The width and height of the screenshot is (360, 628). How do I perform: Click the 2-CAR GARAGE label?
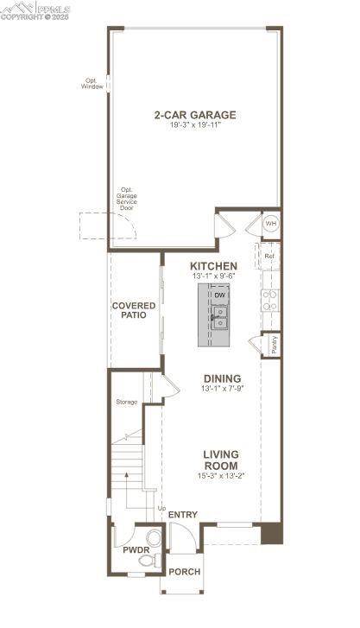coord(194,115)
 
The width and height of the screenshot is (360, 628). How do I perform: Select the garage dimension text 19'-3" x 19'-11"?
coord(194,126)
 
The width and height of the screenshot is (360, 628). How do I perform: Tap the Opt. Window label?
coord(92,84)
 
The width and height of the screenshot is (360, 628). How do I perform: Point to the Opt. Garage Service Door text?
coord(128,199)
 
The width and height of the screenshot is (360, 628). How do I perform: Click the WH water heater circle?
coord(270,224)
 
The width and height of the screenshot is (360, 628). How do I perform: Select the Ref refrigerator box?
coord(269,256)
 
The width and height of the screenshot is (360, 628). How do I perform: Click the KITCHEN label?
coord(213,265)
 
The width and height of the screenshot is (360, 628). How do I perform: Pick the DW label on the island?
coord(219,295)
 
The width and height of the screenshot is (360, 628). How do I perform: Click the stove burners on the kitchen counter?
coord(269,300)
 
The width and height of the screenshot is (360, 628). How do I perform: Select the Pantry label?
coord(274,343)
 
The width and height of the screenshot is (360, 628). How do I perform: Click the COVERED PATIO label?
coord(134,310)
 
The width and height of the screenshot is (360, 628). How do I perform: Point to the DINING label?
coord(222,378)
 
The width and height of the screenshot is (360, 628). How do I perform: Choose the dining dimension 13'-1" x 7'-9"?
coord(222,389)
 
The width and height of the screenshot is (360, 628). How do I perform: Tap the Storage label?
coord(127,402)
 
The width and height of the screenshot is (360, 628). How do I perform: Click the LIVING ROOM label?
coord(221,460)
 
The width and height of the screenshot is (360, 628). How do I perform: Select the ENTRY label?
coord(183,515)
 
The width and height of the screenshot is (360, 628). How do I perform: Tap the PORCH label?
coord(183,572)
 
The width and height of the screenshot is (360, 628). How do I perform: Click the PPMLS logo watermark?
coord(35,11)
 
